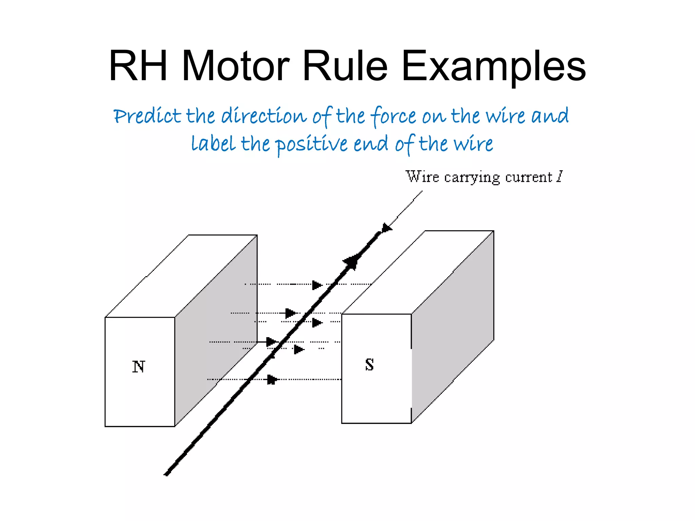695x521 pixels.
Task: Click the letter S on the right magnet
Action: coord(370,365)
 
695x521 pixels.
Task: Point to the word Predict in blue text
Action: coord(147,116)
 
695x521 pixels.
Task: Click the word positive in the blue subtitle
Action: coord(311,144)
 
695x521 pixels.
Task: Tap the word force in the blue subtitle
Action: coord(393,116)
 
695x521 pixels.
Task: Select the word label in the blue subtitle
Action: coord(213,143)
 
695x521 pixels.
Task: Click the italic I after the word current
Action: coord(559,177)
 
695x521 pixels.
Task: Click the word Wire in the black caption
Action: coord(422,177)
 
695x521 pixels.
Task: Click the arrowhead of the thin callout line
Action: coord(387,228)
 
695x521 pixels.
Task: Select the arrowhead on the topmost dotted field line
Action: coord(317,285)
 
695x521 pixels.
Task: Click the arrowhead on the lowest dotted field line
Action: coord(272,380)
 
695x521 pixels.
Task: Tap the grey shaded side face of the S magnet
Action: coord(452,327)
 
